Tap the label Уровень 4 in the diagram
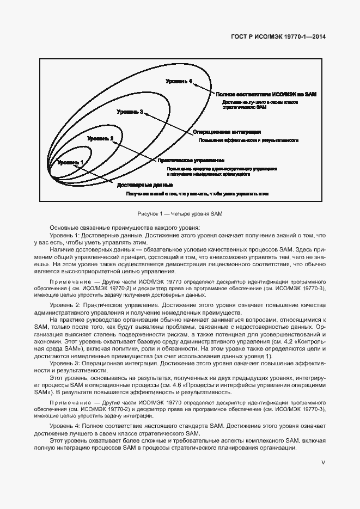click(179, 81)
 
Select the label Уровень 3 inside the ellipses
click(130, 112)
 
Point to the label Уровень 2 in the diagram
click(100, 139)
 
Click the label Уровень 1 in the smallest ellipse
click(70, 162)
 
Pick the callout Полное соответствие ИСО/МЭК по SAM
click(266, 94)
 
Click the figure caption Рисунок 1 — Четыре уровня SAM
click(180, 213)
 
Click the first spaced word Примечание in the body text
click(65, 283)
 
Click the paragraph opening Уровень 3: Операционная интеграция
click(98, 363)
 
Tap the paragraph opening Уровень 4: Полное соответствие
click(98, 425)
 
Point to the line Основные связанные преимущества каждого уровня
click(125, 227)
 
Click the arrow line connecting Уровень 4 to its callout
click(204, 88)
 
